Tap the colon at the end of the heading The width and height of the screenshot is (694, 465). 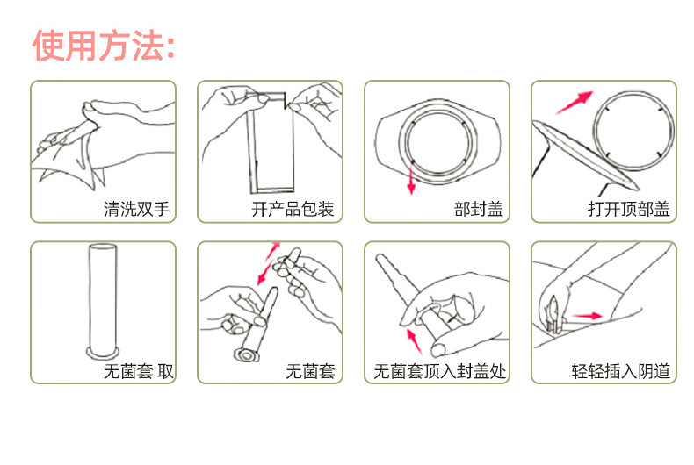click(169, 46)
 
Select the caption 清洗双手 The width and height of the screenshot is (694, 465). click(136, 210)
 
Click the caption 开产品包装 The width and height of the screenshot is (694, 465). click(293, 210)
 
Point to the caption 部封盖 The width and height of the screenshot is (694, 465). click(479, 210)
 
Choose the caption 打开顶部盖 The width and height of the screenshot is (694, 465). click(628, 210)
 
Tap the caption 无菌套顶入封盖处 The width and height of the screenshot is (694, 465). click(440, 372)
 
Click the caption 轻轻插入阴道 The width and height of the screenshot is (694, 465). click(620, 372)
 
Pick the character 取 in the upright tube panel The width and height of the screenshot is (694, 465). click(166, 372)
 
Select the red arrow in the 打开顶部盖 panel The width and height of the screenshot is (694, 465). click(575, 100)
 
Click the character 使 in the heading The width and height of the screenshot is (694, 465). click(48, 45)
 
